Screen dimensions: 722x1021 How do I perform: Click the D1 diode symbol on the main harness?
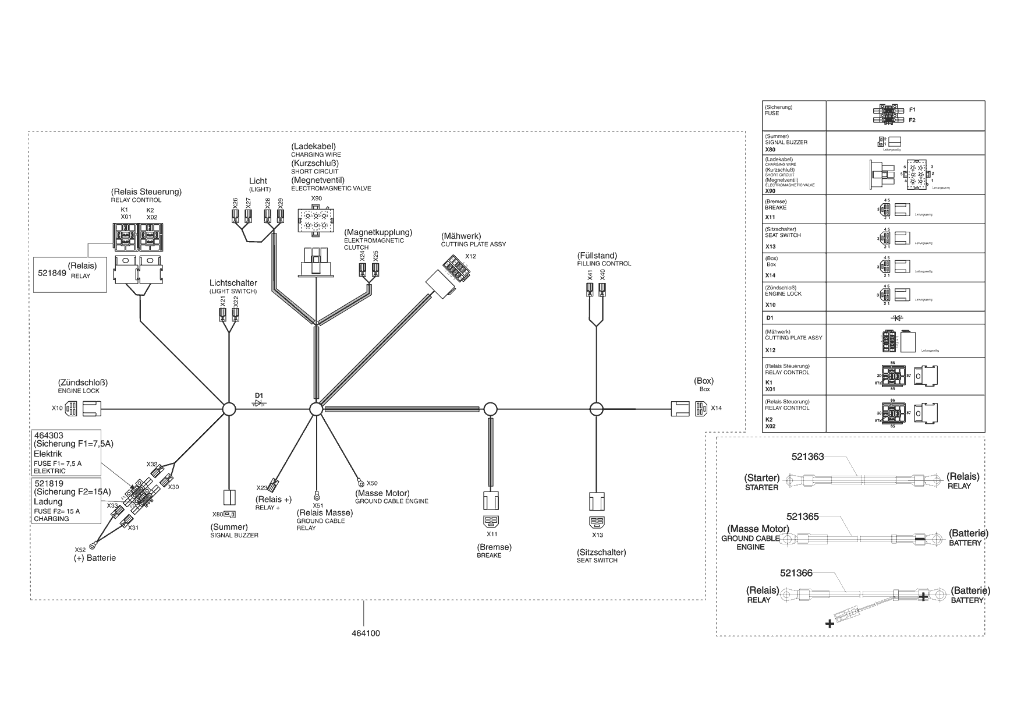(x=259, y=404)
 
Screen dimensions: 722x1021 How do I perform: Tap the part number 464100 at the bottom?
(x=366, y=633)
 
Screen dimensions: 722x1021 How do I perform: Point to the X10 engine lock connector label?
(x=56, y=408)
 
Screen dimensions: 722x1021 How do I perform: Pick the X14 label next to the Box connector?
(x=716, y=408)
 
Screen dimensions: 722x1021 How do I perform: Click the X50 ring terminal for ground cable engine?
(x=361, y=482)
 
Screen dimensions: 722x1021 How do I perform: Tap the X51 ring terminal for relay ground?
(x=317, y=496)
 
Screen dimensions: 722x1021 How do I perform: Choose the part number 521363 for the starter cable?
(x=807, y=457)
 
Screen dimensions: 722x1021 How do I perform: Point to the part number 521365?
(x=803, y=516)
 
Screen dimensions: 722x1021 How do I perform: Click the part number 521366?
(x=796, y=573)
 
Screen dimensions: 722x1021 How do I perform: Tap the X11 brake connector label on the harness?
(x=492, y=534)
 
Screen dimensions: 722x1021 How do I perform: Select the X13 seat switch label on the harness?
(x=597, y=535)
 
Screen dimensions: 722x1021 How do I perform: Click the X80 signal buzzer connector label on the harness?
(x=217, y=514)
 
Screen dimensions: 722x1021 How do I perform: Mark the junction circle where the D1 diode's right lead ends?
(x=315, y=409)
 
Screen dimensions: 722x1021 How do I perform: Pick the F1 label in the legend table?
(x=912, y=109)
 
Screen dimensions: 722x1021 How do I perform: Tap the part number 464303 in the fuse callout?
(x=49, y=436)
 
